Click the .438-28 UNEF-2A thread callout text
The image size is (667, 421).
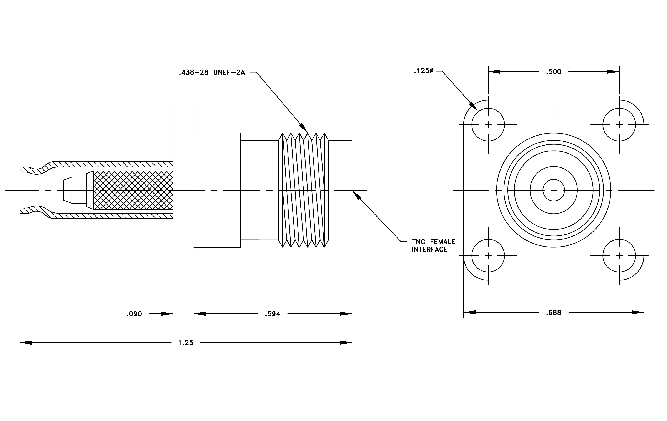212,73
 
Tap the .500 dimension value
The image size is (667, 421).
553,72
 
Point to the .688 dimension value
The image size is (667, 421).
553,313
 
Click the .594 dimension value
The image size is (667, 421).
273,314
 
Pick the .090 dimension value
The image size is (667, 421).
134,314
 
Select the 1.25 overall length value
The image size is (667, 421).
186,343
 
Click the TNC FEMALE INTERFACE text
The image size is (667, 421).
434,246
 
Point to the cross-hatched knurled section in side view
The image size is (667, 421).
133,190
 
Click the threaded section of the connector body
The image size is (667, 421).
303,190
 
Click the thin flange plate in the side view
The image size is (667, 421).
183,190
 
